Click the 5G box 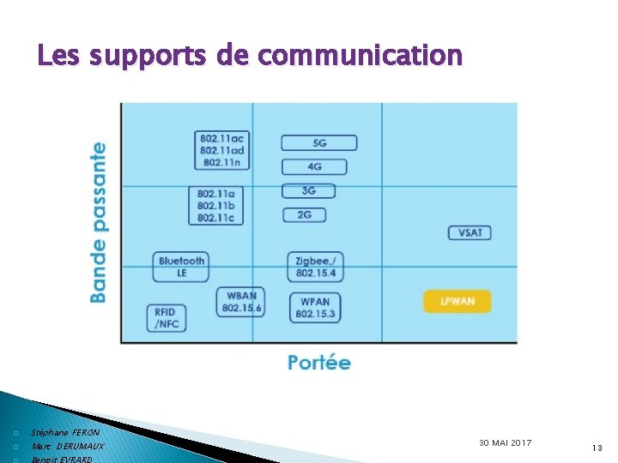[x=318, y=143]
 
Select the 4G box [x=314, y=166]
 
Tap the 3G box [x=307, y=190]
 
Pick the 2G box [x=304, y=214]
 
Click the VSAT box [x=470, y=232]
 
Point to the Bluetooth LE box [x=181, y=267]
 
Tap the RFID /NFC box [x=166, y=318]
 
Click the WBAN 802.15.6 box [x=241, y=302]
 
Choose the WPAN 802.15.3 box [x=315, y=307]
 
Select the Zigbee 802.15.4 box [x=315, y=267]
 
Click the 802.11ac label [x=221, y=139]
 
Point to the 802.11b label [x=215, y=206]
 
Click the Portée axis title [x=319, y=363]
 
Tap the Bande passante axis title [x=100, y=222]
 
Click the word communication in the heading [x=360, y=56]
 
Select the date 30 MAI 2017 [x=506, y=442]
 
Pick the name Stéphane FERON [x=65, y=433]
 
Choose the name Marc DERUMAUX [x=68, y=447]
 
